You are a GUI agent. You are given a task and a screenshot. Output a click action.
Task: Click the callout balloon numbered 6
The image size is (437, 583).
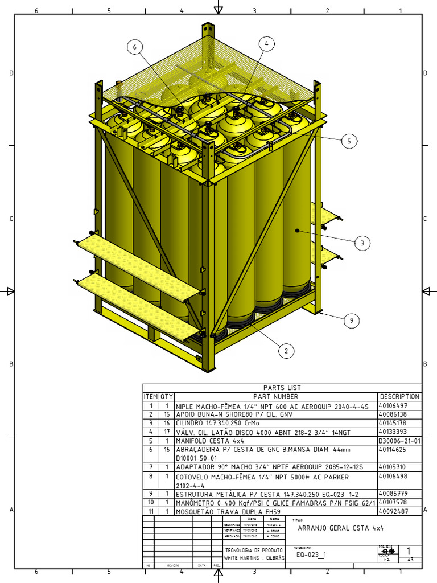click(135, 48)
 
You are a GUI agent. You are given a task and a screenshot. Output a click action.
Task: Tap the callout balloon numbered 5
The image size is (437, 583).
click(349, 142)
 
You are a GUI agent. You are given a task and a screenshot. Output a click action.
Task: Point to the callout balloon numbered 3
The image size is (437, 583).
click(362, 243)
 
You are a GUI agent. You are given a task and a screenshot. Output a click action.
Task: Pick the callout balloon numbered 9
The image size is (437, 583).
click(352, 321)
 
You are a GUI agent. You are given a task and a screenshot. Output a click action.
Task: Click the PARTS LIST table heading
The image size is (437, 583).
click(282, 388)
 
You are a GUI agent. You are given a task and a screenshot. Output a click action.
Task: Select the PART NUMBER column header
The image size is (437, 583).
click(276, 396)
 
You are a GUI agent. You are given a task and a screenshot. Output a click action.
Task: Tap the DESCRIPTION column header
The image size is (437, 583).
click(399, 396)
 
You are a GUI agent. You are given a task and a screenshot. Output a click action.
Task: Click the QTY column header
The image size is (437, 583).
click(167, 396)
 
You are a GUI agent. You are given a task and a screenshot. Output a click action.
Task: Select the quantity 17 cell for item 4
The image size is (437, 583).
click(167, 432)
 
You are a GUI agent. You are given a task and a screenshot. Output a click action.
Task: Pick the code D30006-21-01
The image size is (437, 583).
click(399, 441)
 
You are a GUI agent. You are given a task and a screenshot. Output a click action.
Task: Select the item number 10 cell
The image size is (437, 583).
click(151, 503)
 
